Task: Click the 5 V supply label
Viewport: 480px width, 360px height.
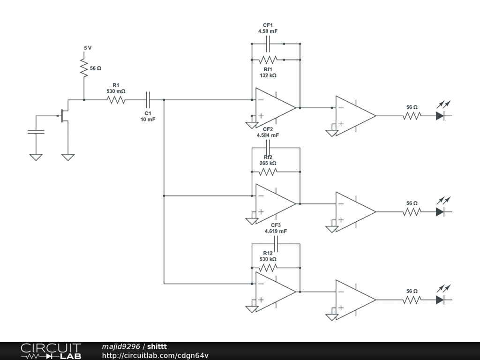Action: coord(88,48)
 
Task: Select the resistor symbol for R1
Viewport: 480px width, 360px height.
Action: coord(116,100)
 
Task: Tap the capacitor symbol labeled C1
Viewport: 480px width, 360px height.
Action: coord(148,100)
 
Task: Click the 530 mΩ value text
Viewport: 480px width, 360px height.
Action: coord(116,91)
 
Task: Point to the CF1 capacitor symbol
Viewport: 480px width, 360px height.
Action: coord(268,44)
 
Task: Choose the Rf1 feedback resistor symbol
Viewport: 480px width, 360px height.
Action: coord(268,60)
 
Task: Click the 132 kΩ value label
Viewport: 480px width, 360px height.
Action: coord(268,75)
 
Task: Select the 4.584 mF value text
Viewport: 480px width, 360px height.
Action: coord(268,135)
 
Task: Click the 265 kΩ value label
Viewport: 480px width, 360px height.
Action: coord(268,163)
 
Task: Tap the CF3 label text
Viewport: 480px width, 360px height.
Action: coord(276,225)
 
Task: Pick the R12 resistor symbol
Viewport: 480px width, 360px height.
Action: coord(268,268)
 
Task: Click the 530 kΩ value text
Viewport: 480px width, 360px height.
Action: coord(268,259)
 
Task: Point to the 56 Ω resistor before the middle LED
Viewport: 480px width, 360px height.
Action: coord(412,212)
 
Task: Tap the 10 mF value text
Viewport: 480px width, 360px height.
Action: coord(148,120)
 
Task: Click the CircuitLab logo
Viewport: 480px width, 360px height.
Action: coord(51,351)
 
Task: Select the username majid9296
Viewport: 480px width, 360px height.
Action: coord(121,346)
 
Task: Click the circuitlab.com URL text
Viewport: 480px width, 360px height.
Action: coord(155,355)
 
